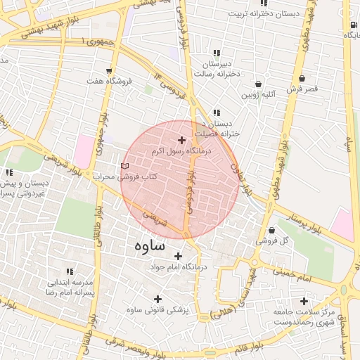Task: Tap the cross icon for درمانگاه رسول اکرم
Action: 182,141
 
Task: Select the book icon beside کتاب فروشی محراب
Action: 125,166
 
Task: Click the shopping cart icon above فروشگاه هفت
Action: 109,70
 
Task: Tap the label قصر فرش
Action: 302,89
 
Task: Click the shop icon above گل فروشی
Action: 271,230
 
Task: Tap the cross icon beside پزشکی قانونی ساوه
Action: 176,309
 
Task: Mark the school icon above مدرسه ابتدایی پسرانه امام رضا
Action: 69,271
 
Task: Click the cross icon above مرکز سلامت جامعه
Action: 304,301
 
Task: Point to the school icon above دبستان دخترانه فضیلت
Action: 216,112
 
